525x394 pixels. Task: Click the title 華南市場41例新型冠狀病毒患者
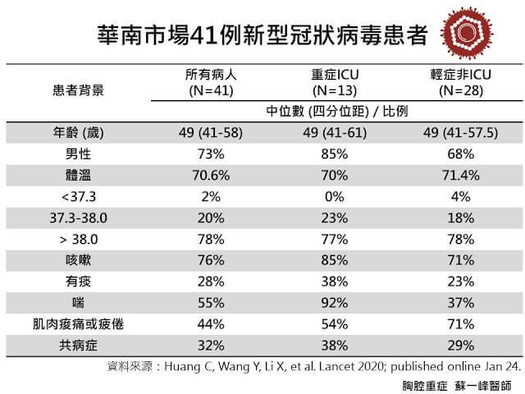tap(261, 34)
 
